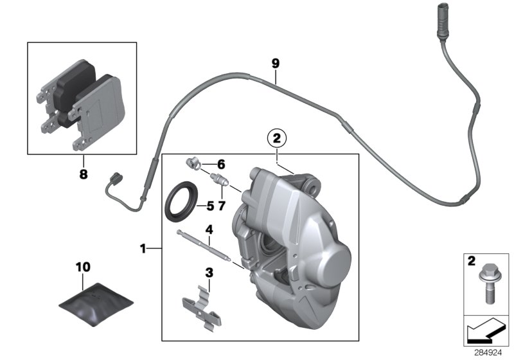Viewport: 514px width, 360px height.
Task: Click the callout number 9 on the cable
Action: [x=276, y=63]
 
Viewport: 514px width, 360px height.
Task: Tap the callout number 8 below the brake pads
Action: [x=83, y=174]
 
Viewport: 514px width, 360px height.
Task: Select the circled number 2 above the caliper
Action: [x=277, y=138]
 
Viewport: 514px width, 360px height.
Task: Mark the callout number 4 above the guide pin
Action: [x=209, y=230]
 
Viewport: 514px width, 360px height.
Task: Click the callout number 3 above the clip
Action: [x=209, y=273]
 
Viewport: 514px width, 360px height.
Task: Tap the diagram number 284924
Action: [x=488, y=353]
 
